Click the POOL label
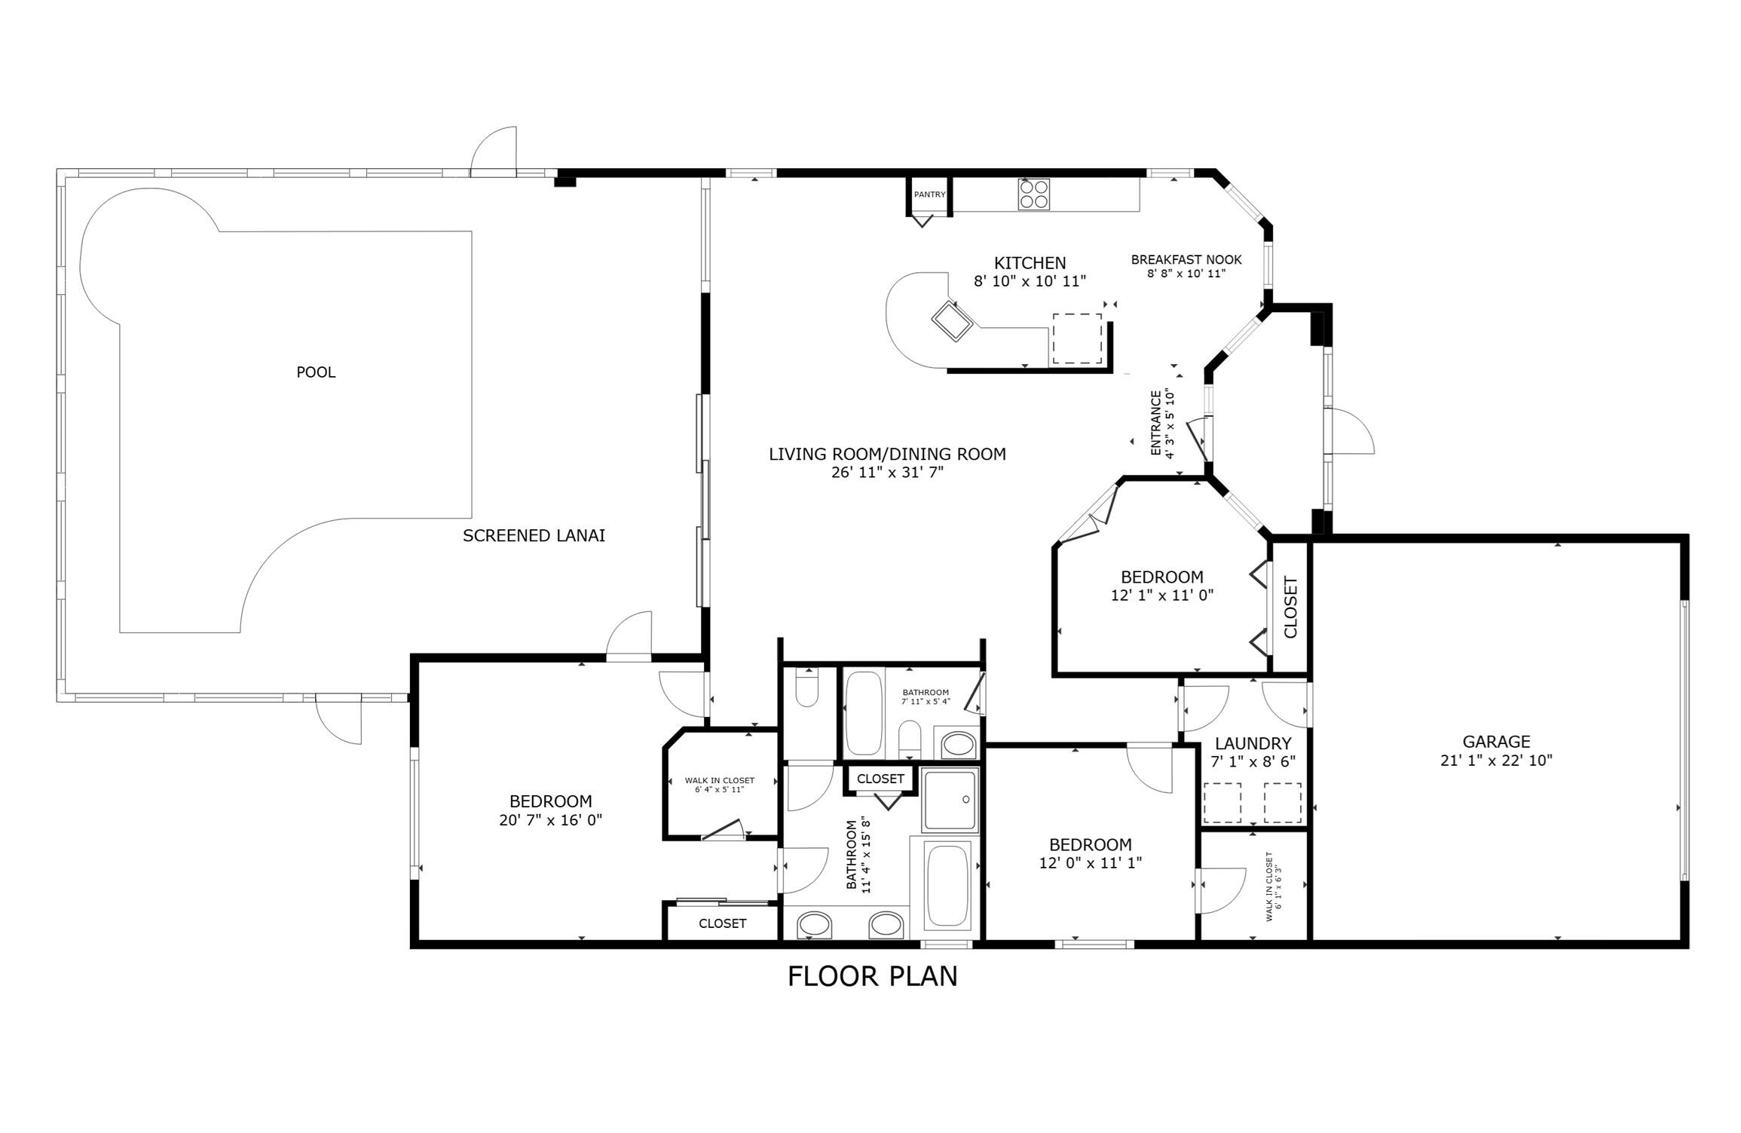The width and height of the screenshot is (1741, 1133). point(316,372)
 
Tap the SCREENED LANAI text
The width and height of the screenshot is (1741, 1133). point(534,536)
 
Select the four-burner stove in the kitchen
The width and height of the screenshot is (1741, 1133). point(1033,194)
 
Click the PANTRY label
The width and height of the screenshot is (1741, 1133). point(929,194)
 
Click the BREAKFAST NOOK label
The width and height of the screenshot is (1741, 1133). point(1186,260)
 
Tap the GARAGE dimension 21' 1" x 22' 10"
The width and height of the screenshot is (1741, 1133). point(1496,761)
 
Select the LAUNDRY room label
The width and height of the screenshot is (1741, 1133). point(1253,743)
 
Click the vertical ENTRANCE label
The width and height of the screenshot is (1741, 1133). point(1155,424)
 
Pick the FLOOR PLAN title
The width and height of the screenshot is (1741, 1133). point(872,976)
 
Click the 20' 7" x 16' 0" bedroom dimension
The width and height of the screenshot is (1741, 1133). point(550,820)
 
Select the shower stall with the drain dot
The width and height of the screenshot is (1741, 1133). point(951,800)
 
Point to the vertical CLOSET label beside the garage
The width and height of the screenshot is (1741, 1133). point(1290,607)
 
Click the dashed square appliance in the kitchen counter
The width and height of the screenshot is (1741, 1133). point(1076,338)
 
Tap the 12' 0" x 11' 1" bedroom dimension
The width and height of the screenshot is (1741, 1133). point(1090,863)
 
